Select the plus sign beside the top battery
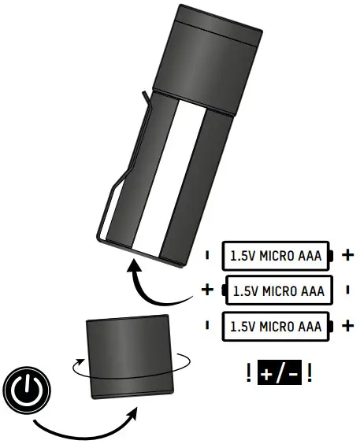click(x=347, y=255)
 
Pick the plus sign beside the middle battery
click(x=207, y=290)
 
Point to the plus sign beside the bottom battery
click(x=347, y=325)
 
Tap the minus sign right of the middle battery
click(x=347, y=290)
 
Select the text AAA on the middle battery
click(x=314, y=291)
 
